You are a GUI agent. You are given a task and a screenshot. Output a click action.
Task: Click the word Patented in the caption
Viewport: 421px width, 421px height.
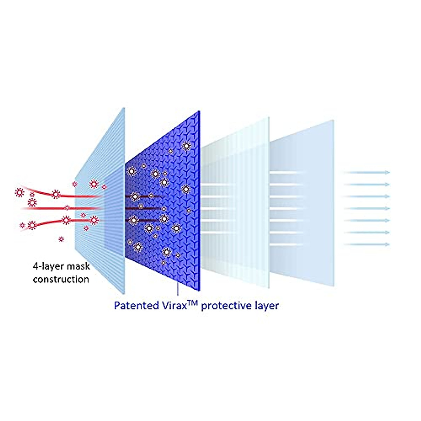tap(136, 306)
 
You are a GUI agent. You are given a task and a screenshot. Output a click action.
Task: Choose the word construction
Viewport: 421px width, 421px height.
tap(61, 279)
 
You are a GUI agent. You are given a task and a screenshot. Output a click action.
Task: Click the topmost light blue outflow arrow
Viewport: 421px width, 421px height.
tap(367, 173)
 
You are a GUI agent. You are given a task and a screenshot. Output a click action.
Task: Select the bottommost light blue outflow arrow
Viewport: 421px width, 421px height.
tap(367, 244)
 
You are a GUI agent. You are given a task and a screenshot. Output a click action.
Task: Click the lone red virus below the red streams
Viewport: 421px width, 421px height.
tap(61, 239)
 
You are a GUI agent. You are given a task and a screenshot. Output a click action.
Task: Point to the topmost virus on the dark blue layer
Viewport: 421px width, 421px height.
tap(187, 146)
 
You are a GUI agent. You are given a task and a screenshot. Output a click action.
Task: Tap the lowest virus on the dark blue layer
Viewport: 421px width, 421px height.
tap(163, 262)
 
